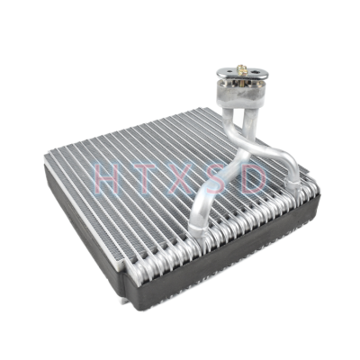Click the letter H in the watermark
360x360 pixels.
point(106,179)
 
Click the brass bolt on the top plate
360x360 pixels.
point(242,71)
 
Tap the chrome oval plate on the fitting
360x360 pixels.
point(242,74)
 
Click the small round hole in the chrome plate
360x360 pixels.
point(229,72)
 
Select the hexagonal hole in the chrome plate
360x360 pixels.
point(256,72)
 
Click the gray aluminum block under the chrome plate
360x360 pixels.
point(240,92)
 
